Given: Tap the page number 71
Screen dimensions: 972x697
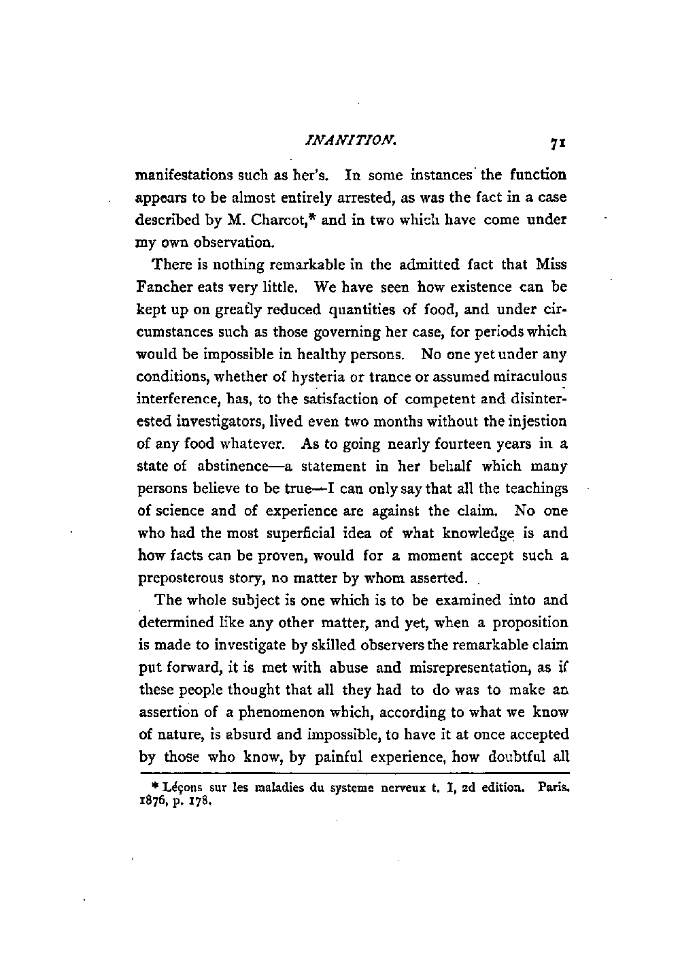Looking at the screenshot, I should (559, 144).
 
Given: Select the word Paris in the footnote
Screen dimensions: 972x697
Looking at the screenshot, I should (552, 787).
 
